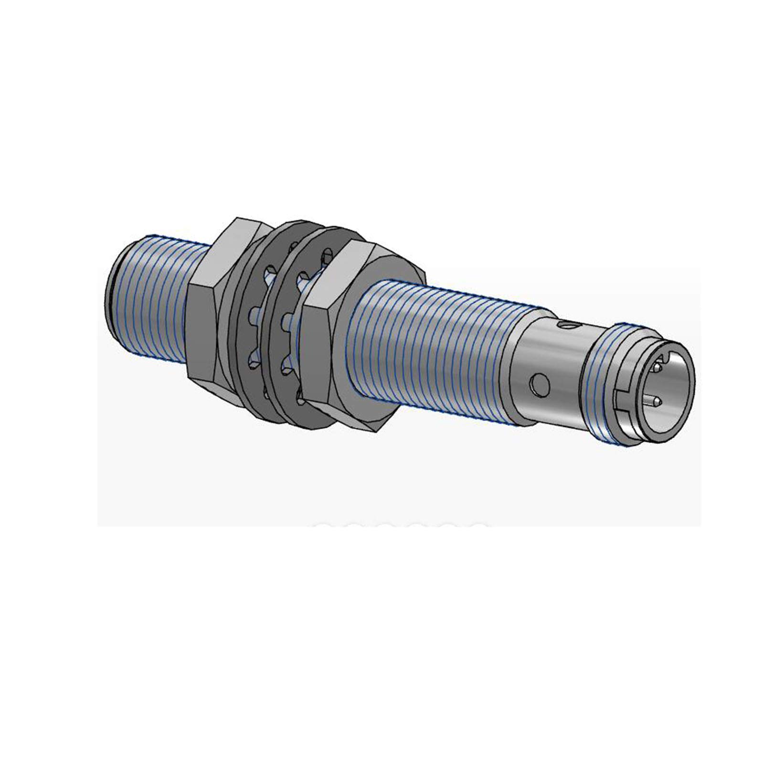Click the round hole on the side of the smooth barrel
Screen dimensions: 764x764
pyautogui.click(x=540, y=385)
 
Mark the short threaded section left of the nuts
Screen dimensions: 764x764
pyautogui.click(x=153, y=296)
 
